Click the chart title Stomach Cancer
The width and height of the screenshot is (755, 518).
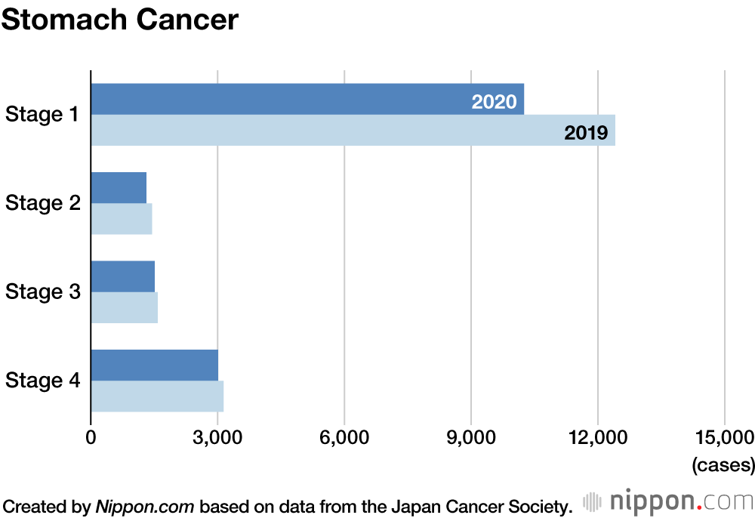click(x=119, y=20)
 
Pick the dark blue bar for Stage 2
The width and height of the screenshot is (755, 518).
click(x=119, y=188)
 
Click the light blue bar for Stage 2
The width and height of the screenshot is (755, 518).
click(x=122, y=219)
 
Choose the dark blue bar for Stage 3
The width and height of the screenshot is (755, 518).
click(x=122, y=276)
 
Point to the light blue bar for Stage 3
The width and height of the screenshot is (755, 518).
click(x=124, y=307)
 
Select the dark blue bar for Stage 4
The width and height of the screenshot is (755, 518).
click(x=155, y=365)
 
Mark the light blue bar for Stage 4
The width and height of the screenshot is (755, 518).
click(x=157, y=396)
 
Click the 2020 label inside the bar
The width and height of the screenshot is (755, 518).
click(x=494, y=102)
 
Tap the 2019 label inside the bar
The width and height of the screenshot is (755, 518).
click(x=586, y=134)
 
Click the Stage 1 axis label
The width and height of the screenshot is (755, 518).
click(x=42, y=115)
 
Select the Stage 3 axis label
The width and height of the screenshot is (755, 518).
click(x=42, y=292)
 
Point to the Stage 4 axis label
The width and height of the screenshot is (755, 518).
click(x=42, y=381)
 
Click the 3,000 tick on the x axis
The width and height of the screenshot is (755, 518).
click(x=217, y=438)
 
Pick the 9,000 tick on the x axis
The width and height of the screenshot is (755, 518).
click(x=471, y=438)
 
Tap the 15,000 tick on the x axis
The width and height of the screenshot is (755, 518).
click(x=724, y=438)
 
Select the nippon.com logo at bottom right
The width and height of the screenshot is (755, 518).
click(x=668, y=501)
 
